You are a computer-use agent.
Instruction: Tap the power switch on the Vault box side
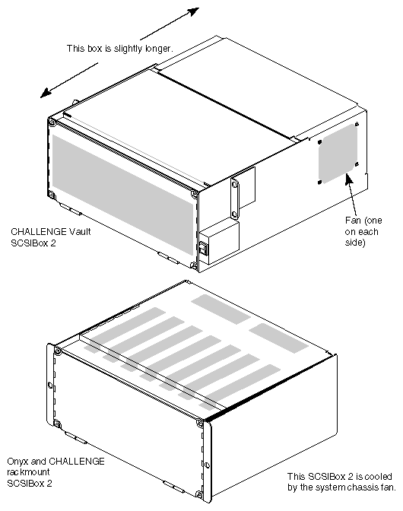pos(203,248)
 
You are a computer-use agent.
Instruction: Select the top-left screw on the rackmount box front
pos(54,349)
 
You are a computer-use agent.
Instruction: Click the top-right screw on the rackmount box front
pos(199,423)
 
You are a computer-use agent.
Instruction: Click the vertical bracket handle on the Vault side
pos(236,193)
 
